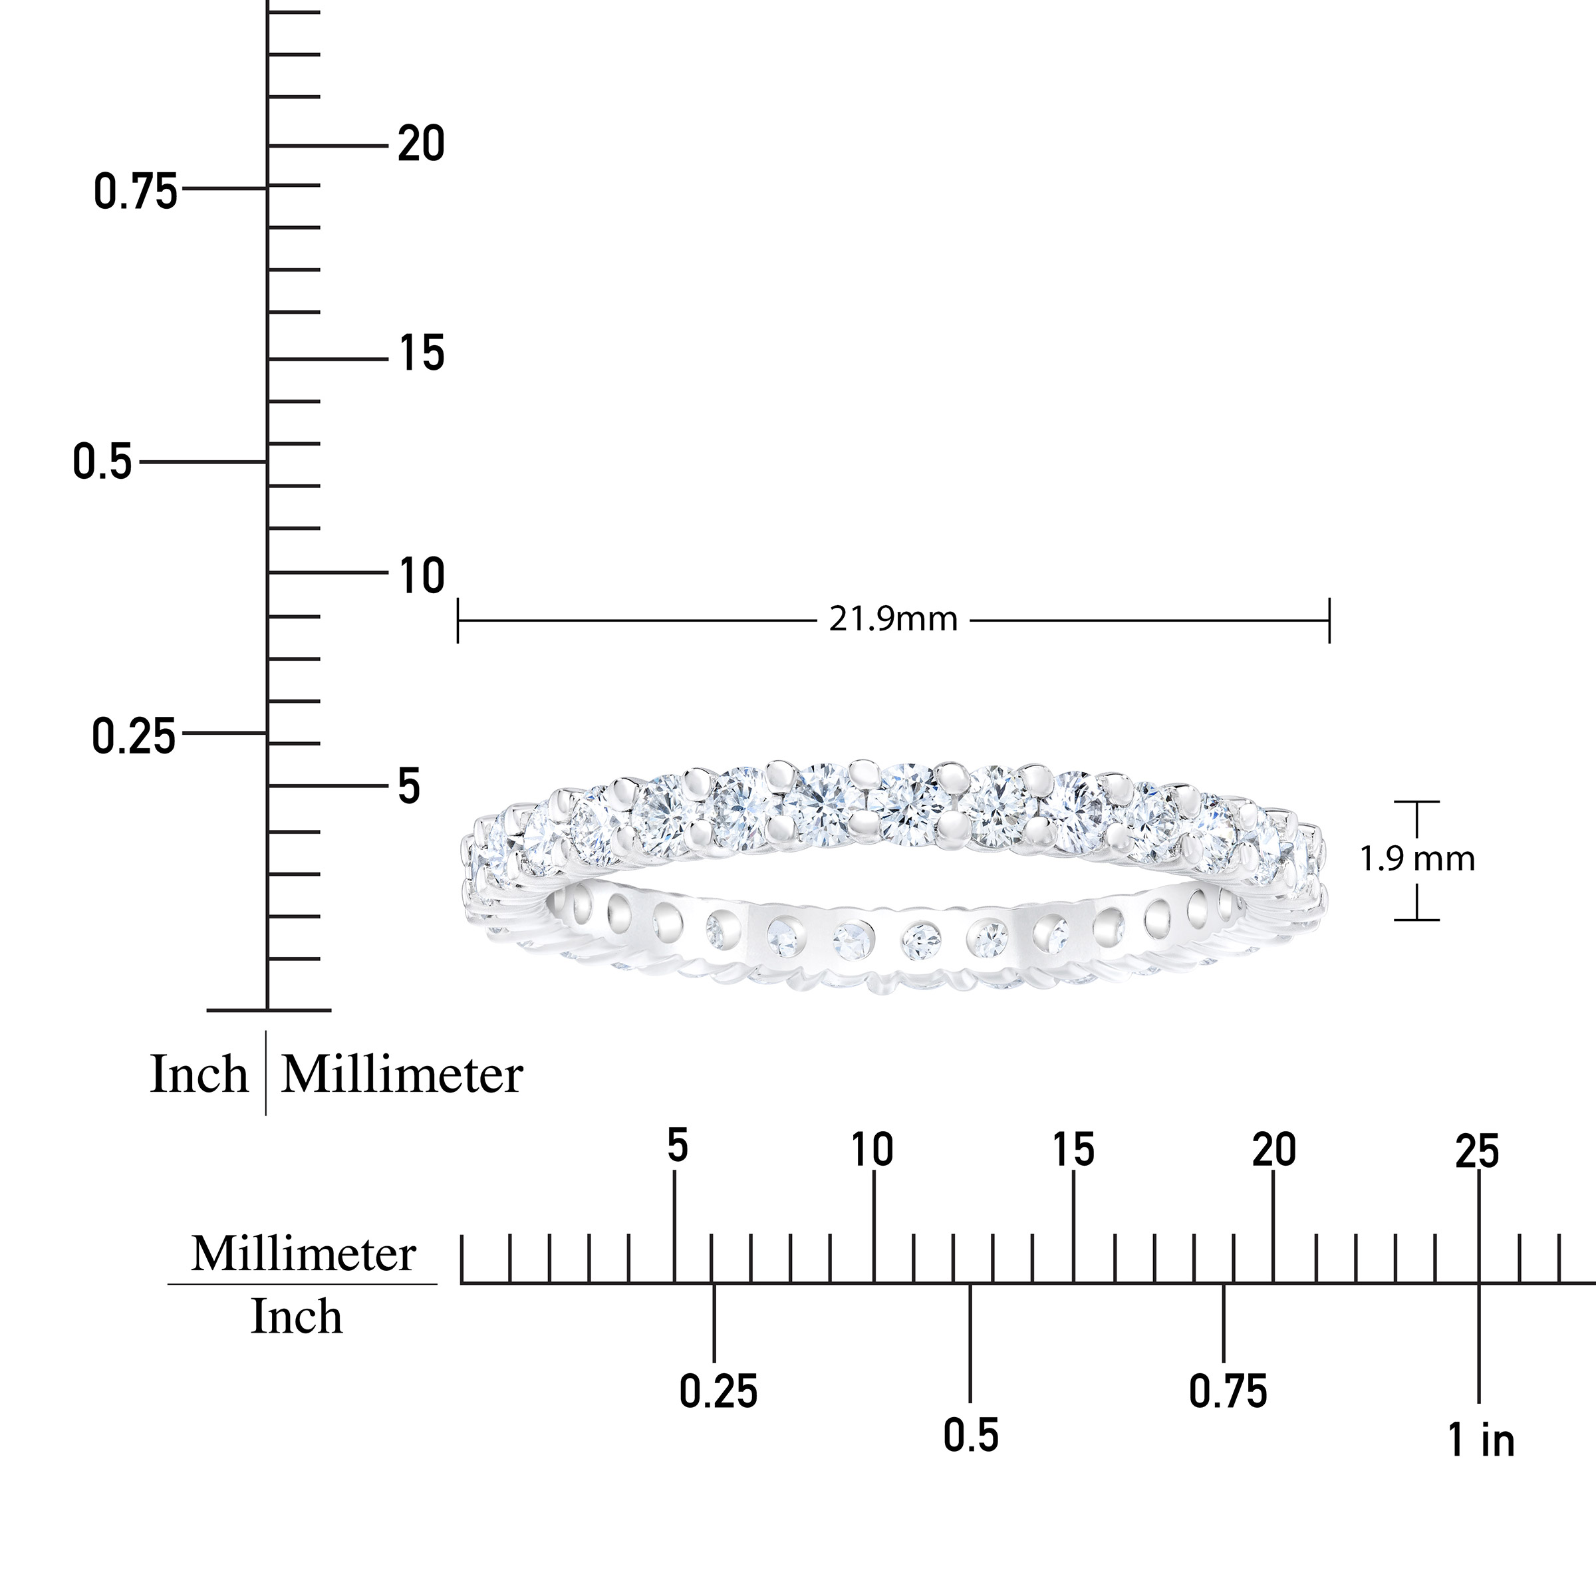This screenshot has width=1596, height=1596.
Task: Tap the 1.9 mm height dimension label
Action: tap(1418, 859)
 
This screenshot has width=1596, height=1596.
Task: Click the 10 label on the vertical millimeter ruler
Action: tap(422, 576)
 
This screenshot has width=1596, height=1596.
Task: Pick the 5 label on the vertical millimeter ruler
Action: tap(409, 787)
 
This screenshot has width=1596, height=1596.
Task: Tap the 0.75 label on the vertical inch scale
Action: tap(136, 192)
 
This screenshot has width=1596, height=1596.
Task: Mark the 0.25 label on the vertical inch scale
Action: tap(134, 736)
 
